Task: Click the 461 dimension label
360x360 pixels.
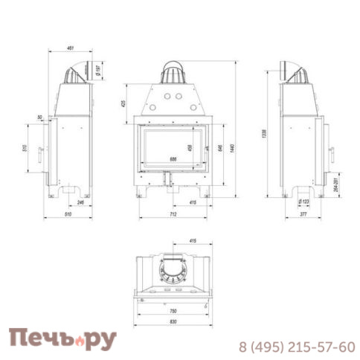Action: [x=71, y=48]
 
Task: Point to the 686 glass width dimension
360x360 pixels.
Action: [x=173, y=159]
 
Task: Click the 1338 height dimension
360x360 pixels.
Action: [x=266, y=132]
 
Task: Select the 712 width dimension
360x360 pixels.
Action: [x=173, y=216]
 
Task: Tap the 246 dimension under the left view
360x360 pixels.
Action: [x=79, y=202]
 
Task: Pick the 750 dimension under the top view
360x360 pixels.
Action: [x=173, y=310]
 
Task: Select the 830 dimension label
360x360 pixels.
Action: [x=173, y=323]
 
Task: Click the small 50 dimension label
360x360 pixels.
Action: [x=39, y=118]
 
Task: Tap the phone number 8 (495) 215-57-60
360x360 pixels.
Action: [x=297, y=347]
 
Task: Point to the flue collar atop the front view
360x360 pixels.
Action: [x=173, y=72]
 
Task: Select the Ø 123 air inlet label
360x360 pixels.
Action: [x=305, y=202]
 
